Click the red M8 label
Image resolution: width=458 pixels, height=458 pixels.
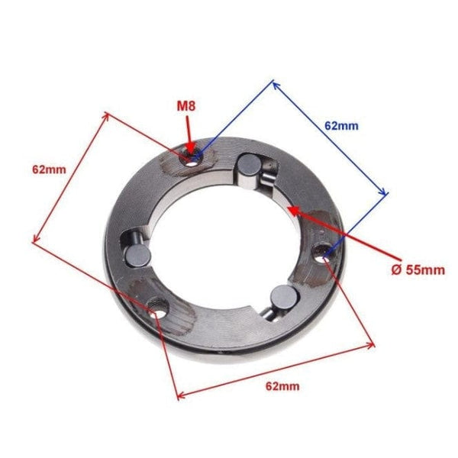point(186,106)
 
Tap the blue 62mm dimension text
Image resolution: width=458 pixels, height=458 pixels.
point(341,126)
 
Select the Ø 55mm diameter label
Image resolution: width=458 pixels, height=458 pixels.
point(418,270)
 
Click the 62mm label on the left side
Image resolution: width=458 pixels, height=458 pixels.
point(49,169)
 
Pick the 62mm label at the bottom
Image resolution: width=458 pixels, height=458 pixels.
point(282,386)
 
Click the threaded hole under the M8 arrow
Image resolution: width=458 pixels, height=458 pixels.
point(191,160)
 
